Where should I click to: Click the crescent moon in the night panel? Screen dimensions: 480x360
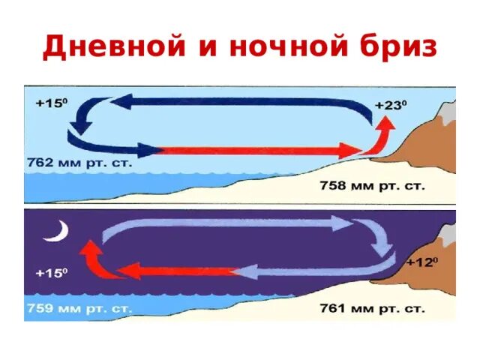tap(55, 232)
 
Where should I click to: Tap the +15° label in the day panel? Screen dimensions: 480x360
tap(51, 105)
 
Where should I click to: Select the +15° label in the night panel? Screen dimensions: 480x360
tap(51, 274)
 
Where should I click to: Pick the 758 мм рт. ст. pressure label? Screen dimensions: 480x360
tap(372, 185)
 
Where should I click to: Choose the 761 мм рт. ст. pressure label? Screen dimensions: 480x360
tap(372, 307)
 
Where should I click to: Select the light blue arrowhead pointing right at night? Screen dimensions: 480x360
tap(343, 223)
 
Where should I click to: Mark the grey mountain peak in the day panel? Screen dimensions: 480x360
tap(447, 112)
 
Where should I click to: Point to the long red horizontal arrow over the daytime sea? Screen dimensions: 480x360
tap(255, 150)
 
